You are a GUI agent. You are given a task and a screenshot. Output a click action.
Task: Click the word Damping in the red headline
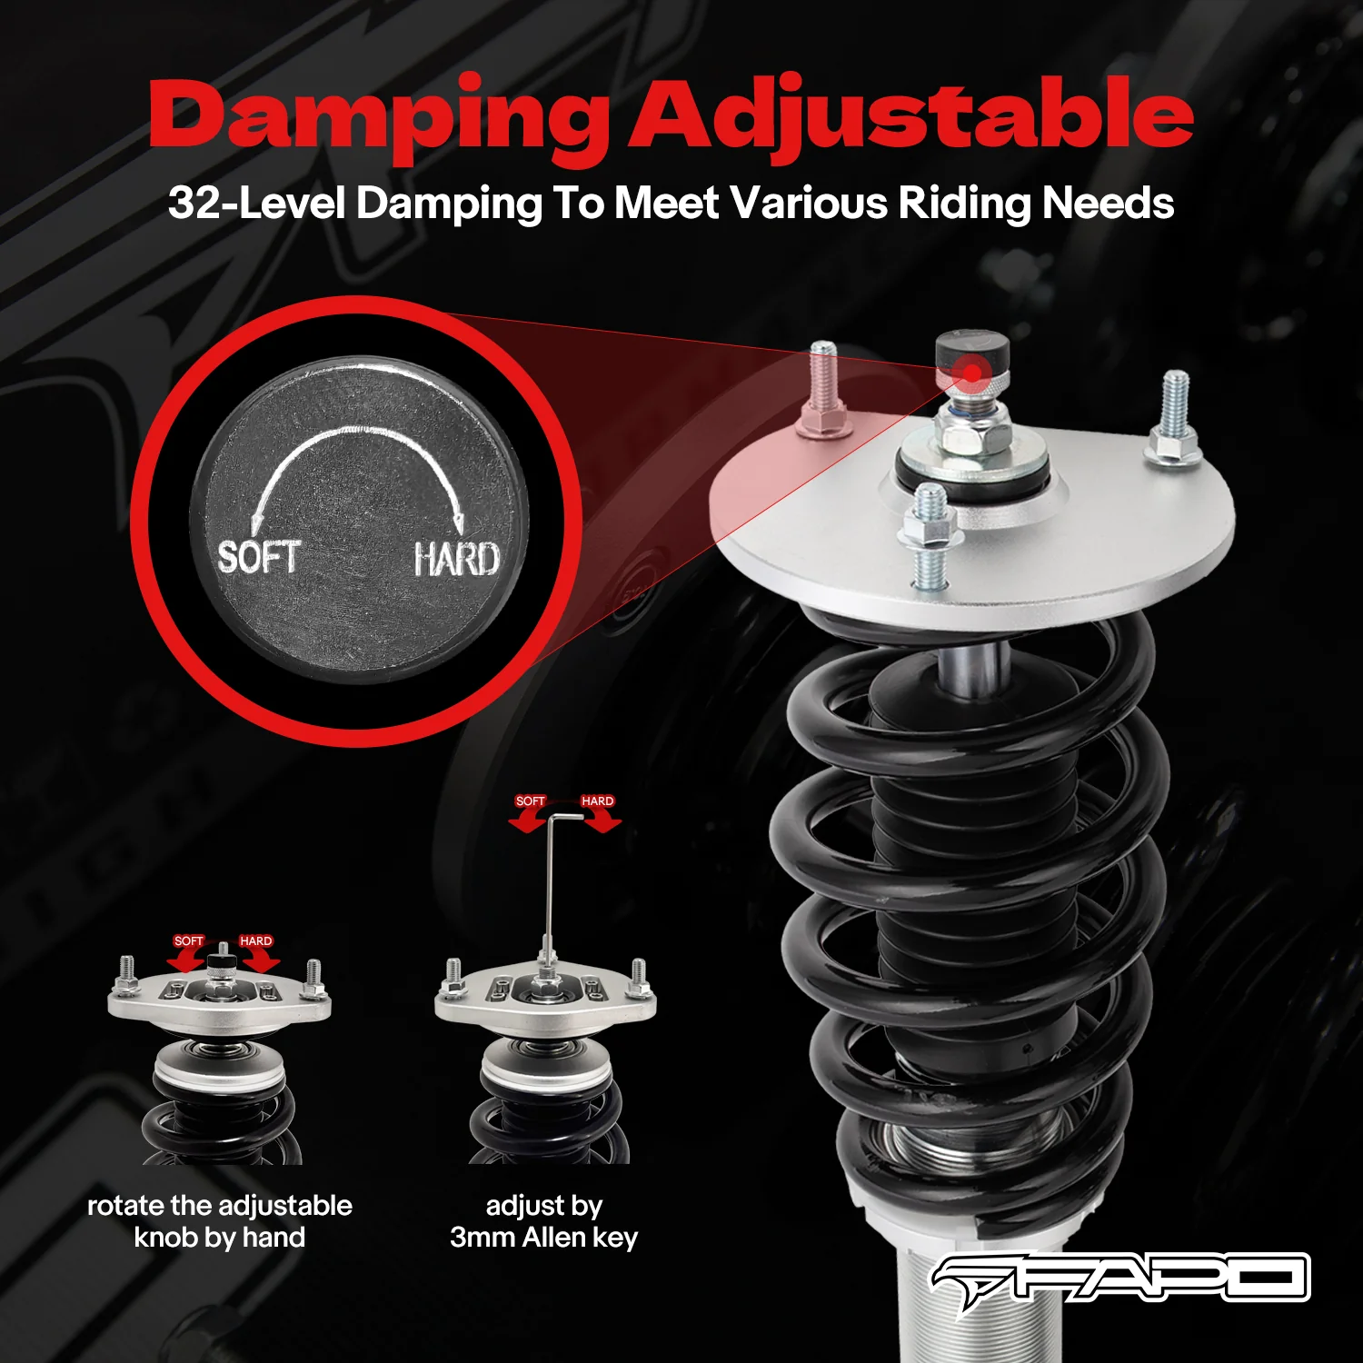[x=380, y=116]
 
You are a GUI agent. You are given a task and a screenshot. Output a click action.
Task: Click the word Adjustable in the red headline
[x=911, y=116]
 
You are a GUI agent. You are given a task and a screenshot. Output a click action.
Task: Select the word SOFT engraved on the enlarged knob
[x=259, y=556]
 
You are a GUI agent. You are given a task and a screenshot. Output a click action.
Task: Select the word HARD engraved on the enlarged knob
[x=456, y=559]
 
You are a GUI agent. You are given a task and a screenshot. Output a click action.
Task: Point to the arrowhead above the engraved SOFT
[x=257, y=520]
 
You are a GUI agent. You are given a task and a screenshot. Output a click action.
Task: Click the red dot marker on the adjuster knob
[x=972, y=373]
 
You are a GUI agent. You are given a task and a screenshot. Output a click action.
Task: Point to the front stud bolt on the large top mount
[x=930, y=536]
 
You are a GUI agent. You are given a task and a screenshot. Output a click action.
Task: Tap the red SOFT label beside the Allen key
[x=530, y=801]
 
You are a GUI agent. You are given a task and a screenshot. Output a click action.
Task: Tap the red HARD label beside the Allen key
[x=597, y=801]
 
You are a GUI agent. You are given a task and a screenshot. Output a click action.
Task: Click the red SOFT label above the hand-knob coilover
[x=189, y=941]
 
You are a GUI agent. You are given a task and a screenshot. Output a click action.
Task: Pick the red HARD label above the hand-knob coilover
[x=255, y=941]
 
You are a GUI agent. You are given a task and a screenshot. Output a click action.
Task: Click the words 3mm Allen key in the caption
[x=543, y=1238]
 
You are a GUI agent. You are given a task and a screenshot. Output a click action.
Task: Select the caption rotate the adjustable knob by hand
[x=219, y=1221]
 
